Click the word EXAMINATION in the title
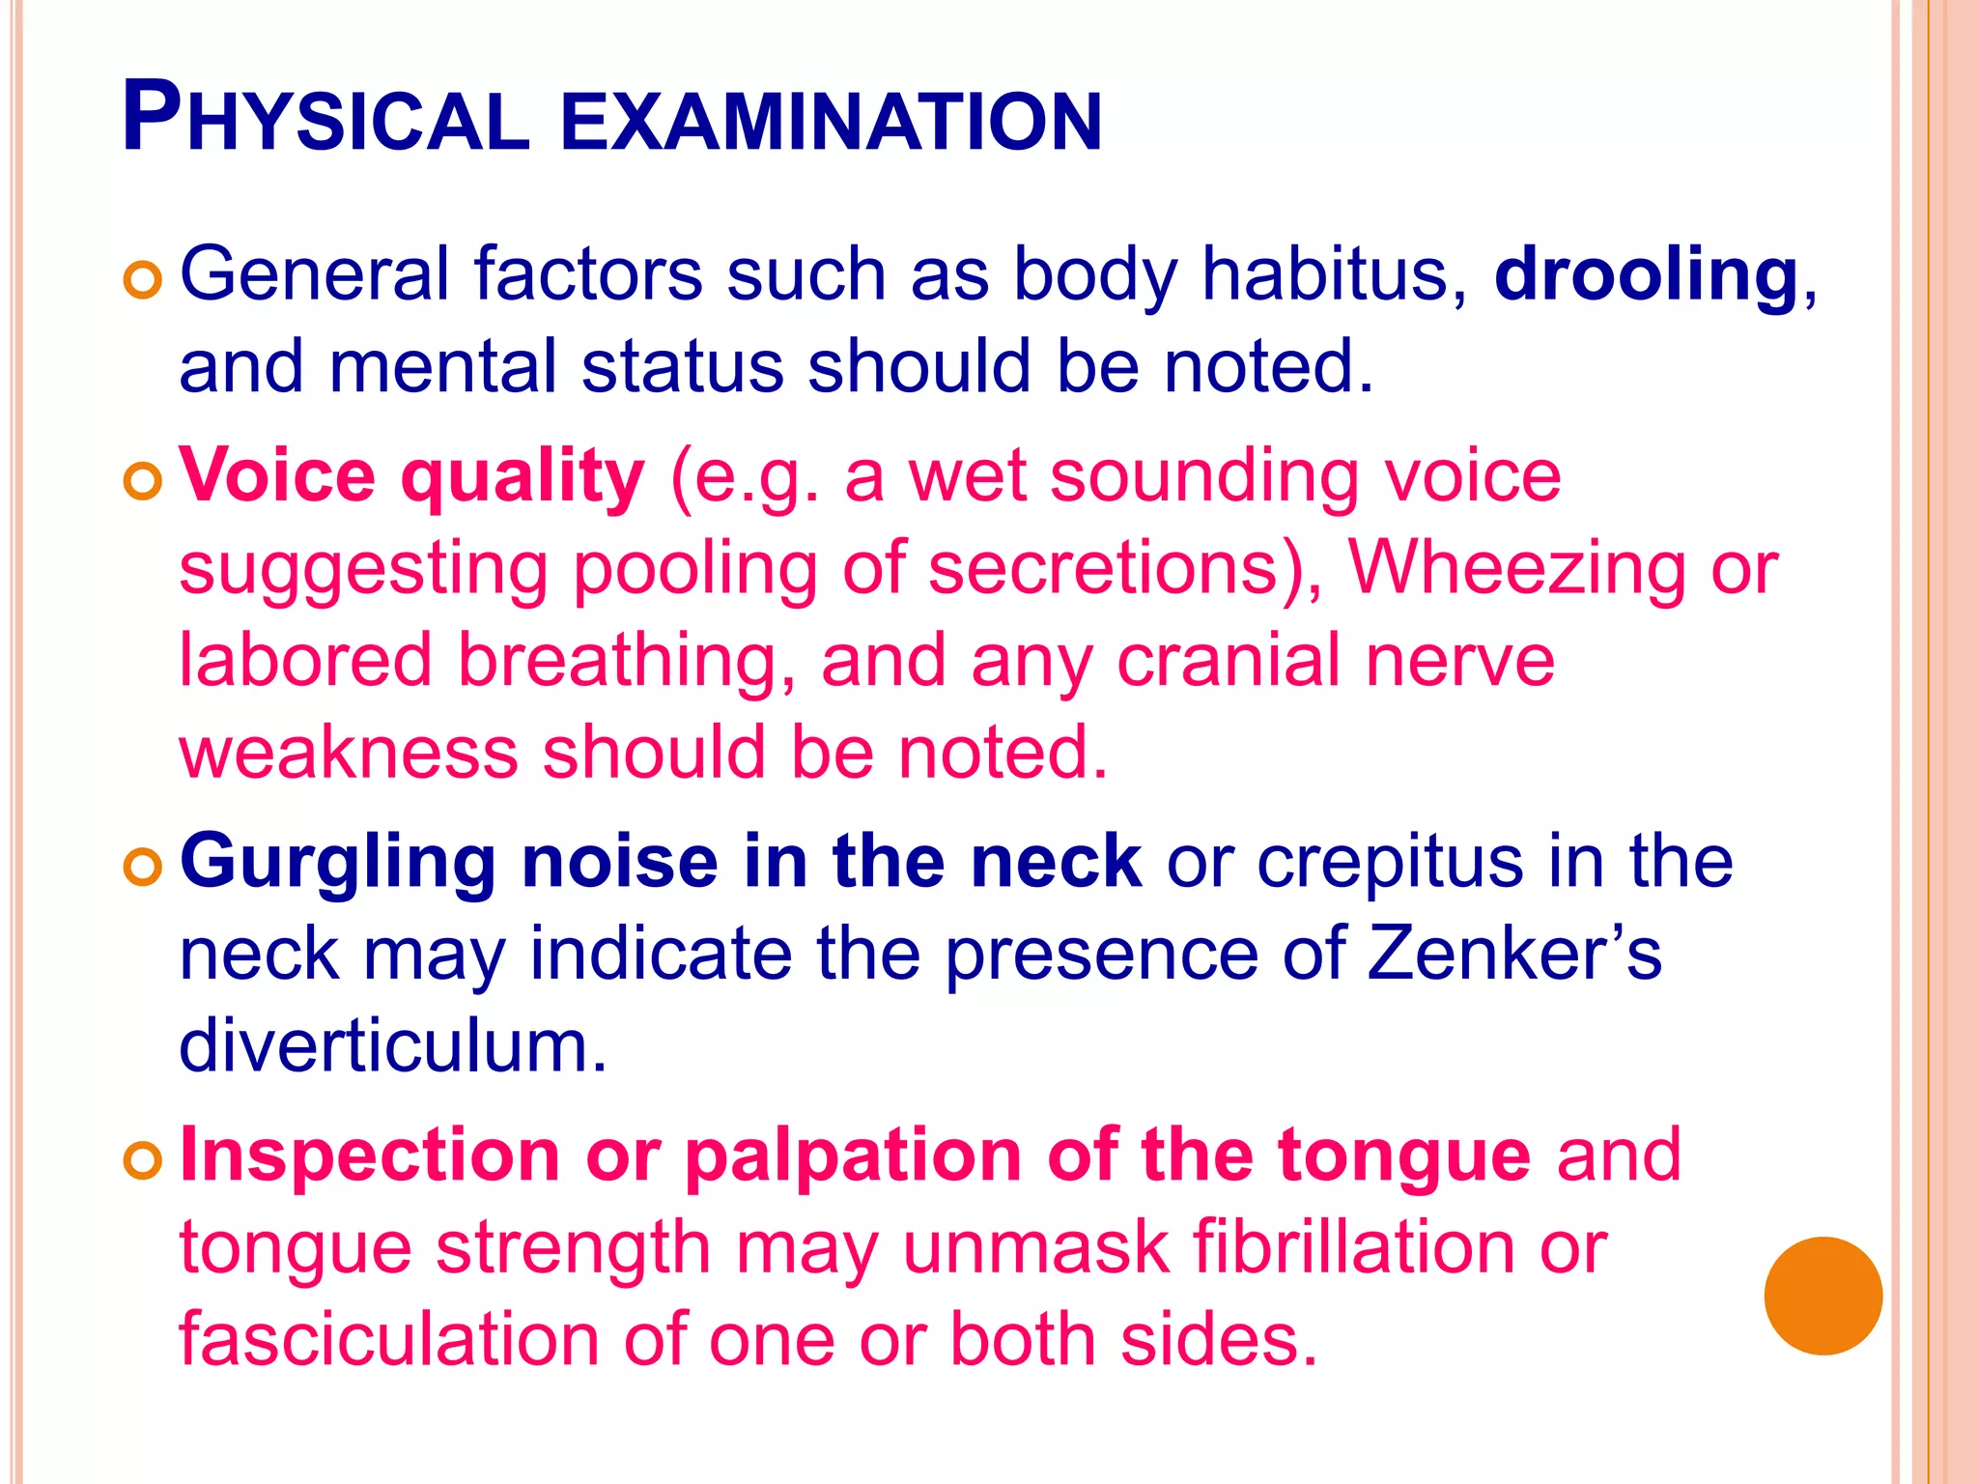pos(831,122)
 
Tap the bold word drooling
pos(1646,274)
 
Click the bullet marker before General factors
pos(142,280)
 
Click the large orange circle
pos(1823,1296)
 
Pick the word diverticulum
pos(393,1047)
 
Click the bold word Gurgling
pos(338,864)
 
